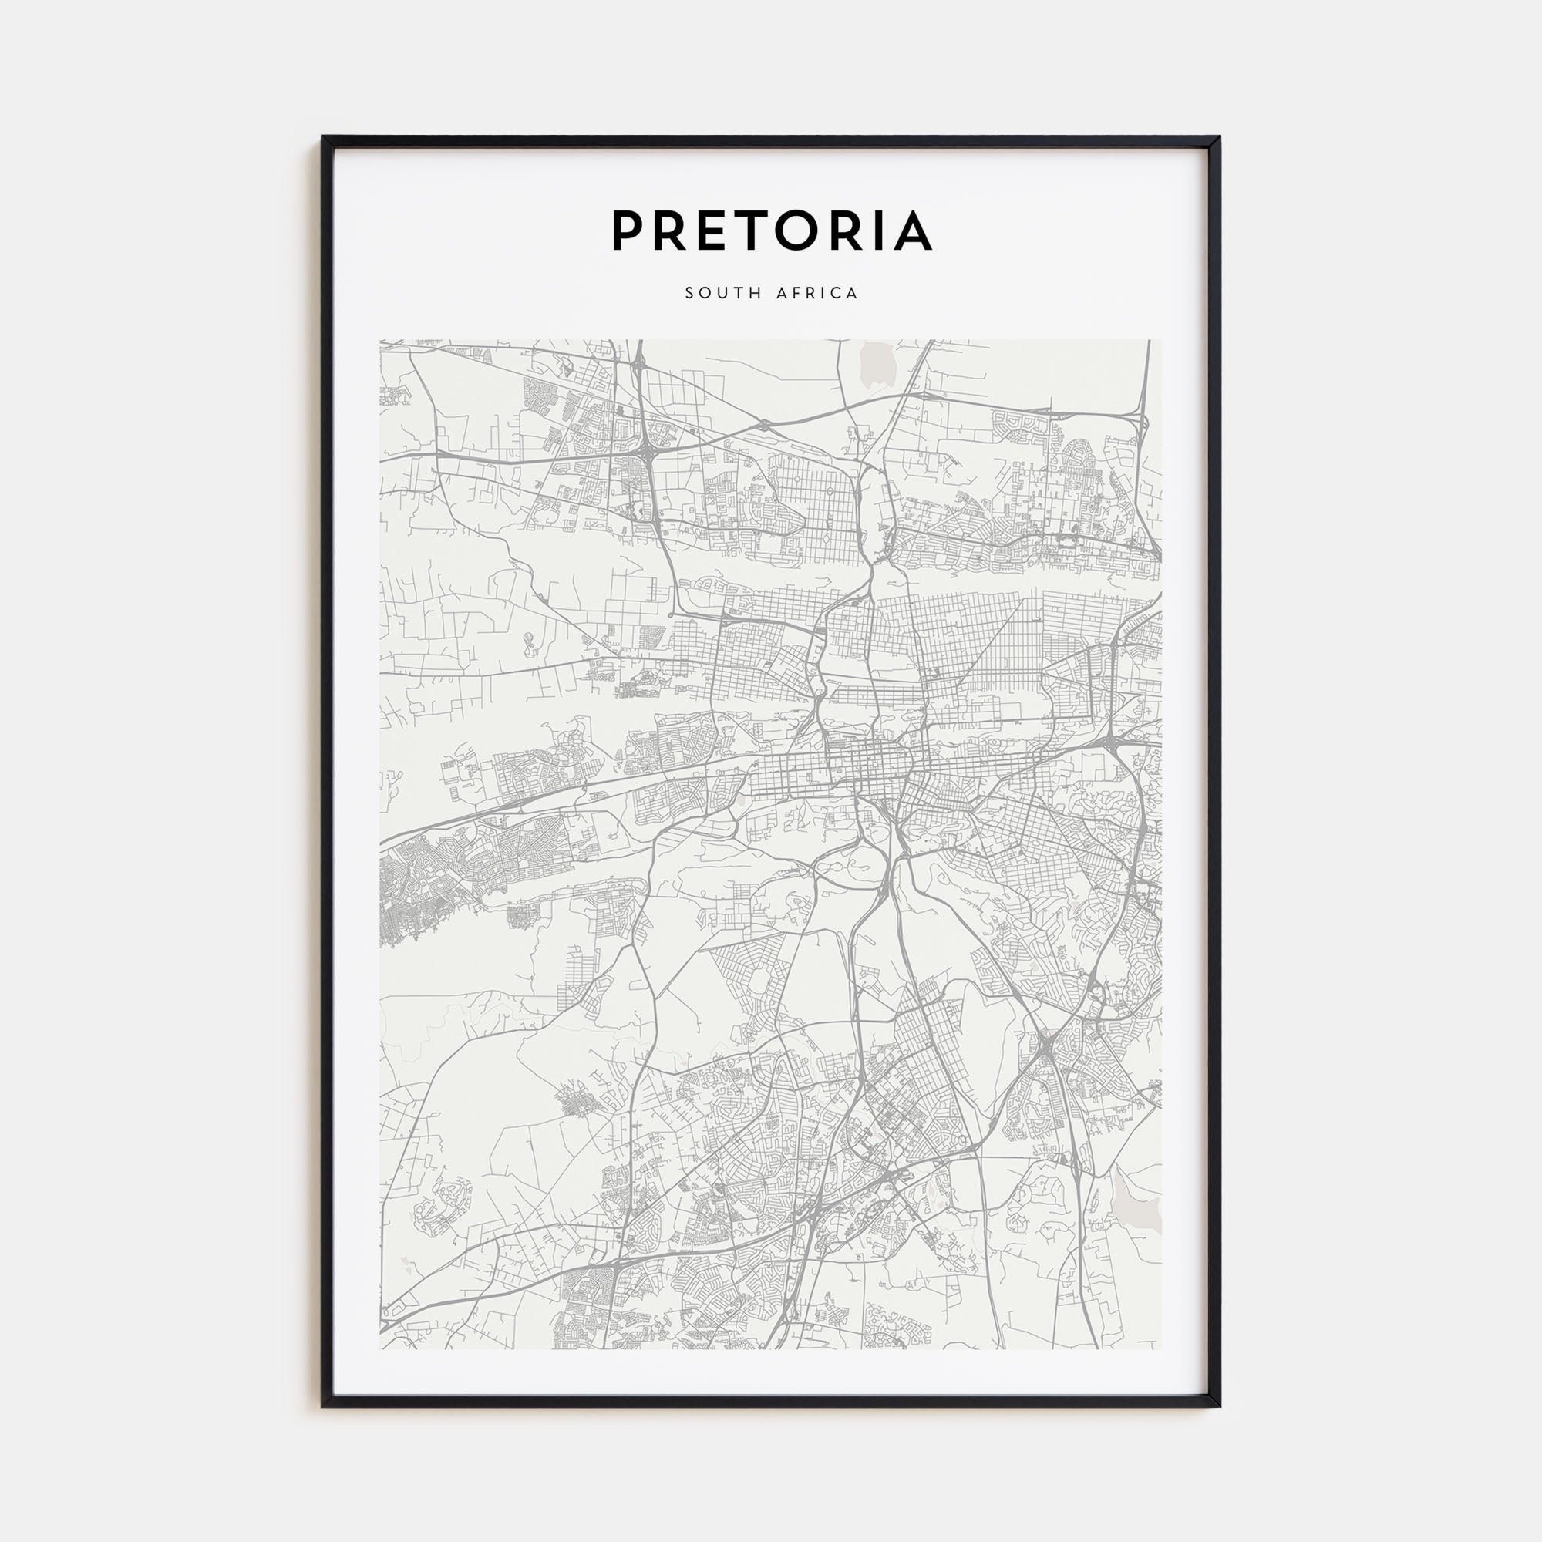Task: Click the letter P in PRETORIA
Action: pyautogui.click(x=628, y=230)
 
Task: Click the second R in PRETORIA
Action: pyautogui.click(x=853, y=230)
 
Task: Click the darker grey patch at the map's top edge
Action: pyautogui.click(x=878, y=359)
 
